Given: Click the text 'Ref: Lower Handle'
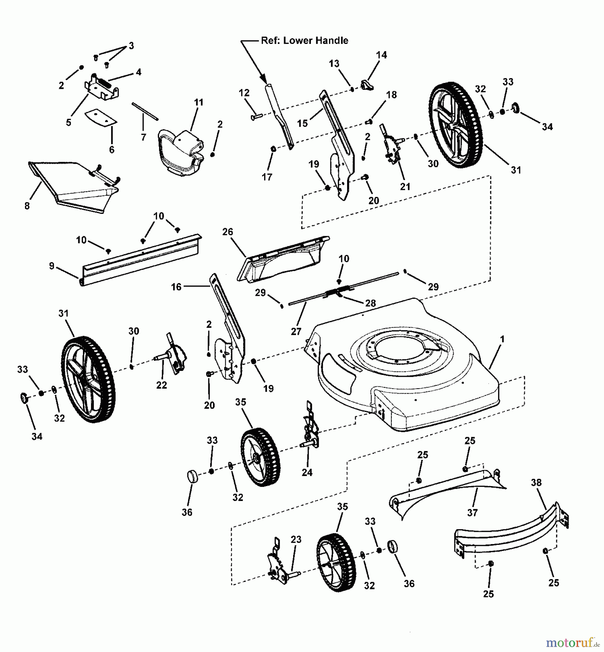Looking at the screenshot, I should coord(304,41).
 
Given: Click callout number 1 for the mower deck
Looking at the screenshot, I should coord(502,339).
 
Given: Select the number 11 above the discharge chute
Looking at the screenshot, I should coord(199,103).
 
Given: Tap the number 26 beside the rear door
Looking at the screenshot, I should coord(228,232).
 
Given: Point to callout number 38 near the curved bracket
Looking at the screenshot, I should coord(536,482).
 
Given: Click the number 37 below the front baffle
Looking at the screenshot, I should coord(472,512).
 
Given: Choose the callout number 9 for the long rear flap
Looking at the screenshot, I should coord(52,266).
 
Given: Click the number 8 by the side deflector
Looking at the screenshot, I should coord(27,206).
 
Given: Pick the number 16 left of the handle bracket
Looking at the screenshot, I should coord(176,287).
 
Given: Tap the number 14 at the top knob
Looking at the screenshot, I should coord(382,55).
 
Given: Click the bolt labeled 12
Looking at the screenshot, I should coord(257,117).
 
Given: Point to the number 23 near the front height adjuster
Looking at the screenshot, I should coord(296,539).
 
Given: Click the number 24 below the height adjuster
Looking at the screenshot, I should coord(307,472).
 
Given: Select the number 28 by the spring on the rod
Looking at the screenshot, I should coord(370,303).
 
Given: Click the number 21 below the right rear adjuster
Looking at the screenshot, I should coord(405,187).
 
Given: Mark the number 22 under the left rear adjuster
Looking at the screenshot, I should coord(162,385).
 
